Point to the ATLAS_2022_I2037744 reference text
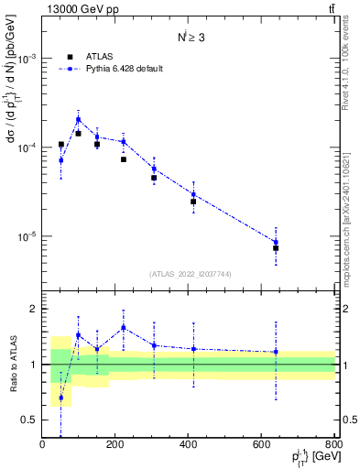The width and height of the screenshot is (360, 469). tap(190, 274)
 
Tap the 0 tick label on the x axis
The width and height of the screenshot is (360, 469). tap(43, 444)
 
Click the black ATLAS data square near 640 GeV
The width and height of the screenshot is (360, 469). tap(276, 248)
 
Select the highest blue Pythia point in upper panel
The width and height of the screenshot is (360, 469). tap(79, 119)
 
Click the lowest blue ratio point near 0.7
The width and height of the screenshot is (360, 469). tap(60, 398)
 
